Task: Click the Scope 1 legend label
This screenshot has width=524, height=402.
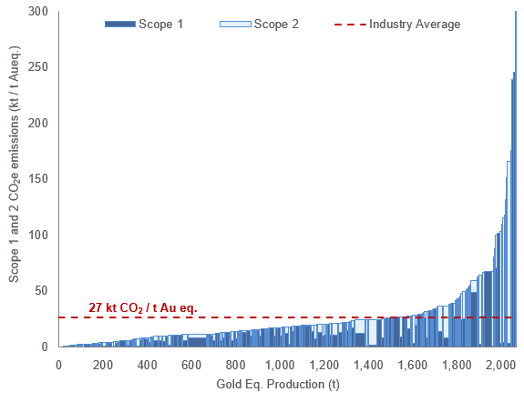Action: click(162, 24)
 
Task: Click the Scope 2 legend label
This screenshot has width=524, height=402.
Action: click(276, 24)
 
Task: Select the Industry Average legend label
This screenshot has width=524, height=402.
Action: click(415, 24)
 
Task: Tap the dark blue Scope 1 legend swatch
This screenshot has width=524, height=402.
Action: click(120, 24)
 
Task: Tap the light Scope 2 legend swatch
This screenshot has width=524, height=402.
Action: click(235, 24)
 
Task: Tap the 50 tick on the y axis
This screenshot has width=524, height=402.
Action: click(40, 291)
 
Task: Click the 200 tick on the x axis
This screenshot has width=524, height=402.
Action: click(103, 364)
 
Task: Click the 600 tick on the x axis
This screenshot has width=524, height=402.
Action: click(191, 364)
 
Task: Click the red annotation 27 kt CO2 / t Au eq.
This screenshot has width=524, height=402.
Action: click(142, 307)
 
